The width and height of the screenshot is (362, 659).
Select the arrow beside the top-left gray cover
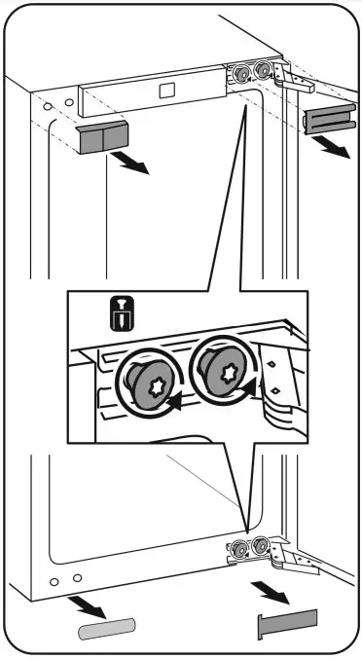pos(132,164)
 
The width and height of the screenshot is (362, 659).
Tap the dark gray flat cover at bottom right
pos(288,624)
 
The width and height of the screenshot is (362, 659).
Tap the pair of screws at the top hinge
pos(249,72)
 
